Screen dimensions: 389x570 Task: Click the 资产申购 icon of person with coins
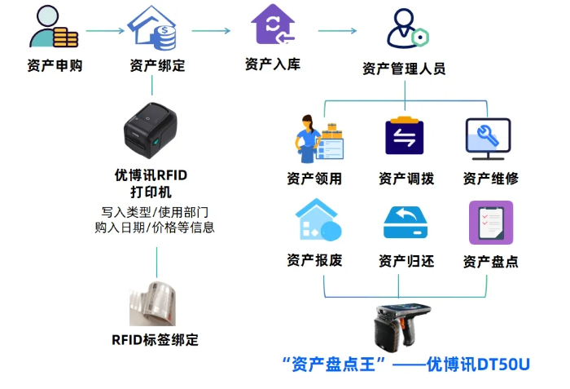point(53,28)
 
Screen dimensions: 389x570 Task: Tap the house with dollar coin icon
point(155,29)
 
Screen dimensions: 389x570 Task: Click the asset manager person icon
point(406,29)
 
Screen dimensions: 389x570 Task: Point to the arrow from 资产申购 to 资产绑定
point(104,32)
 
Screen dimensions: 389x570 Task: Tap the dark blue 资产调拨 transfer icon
point(405,137)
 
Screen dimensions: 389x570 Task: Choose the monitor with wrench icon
point(488,137)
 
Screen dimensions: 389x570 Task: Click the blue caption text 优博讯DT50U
point(479,364)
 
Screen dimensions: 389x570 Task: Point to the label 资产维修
point(490,178)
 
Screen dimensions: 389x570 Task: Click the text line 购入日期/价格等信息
point(155,228)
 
